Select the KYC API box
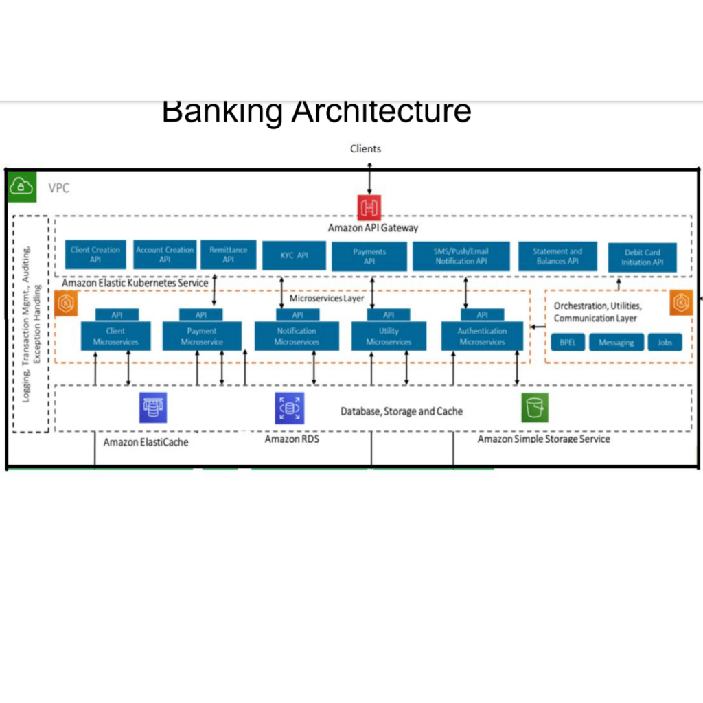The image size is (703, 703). point(293,255)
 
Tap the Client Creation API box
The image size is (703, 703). point(95,255)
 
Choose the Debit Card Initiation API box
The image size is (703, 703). point(643,257)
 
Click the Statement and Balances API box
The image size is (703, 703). point(557,256)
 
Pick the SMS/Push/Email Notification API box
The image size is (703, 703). point(461,256)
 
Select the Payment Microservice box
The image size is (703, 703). point(202,336)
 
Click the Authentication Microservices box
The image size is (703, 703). point(482,336)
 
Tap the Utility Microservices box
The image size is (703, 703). point(389,336)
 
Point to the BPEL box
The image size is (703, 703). point(567,342)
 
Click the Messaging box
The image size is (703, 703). point(616,342)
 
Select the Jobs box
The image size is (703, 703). point(665,342)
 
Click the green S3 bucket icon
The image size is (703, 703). point(535,408)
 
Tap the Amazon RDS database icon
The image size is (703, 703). point(289,408)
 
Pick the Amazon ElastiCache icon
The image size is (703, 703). point(153,408)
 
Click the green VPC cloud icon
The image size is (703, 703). point(22,187)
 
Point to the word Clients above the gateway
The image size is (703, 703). point(365,148)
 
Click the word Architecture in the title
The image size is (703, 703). point(381,112)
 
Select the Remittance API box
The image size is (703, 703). point(229,255)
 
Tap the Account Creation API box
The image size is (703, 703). point(165,255)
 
